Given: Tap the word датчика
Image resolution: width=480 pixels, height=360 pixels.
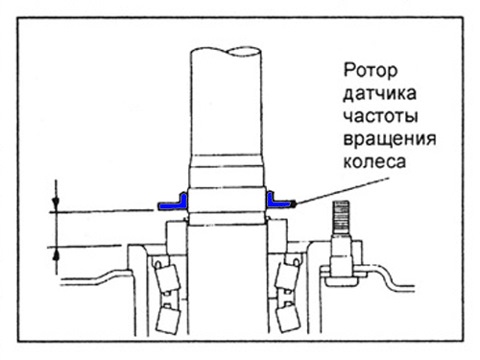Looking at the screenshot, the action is (380, 94).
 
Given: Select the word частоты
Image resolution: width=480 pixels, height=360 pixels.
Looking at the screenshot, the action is (381, 117).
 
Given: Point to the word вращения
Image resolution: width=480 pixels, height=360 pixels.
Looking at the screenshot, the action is (390, 139).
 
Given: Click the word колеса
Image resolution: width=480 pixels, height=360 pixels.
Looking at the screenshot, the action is (375, 162).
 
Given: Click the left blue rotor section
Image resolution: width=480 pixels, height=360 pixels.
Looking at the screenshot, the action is (173, 203).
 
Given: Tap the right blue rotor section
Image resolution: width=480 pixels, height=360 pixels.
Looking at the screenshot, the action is (278, 202).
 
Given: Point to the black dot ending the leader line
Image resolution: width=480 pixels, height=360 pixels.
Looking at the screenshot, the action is (293, 204).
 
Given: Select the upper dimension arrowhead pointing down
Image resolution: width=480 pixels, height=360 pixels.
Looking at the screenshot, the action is (56, 203).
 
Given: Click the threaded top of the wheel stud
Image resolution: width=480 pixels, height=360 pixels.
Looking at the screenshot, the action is (340, 217).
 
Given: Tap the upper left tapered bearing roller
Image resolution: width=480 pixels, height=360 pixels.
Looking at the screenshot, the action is (167, 277).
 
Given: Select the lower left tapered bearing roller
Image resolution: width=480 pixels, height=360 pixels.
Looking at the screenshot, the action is (168, 319).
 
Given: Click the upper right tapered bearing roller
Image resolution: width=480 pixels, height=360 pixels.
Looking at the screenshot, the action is (287, 275).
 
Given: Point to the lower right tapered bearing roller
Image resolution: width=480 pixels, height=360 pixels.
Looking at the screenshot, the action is (286, 319).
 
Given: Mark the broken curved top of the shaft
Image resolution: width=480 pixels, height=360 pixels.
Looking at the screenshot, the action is (226, 51).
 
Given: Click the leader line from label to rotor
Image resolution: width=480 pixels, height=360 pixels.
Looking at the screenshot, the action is (343, 191).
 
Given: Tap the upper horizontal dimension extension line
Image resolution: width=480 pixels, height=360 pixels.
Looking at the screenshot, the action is (101, 211).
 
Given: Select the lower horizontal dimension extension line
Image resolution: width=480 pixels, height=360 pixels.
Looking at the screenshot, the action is (84, 247).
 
